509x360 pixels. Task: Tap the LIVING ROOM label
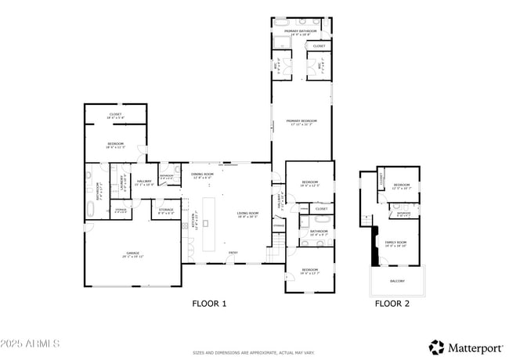tap(247, 214)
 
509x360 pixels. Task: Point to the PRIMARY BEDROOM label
tap(301, 121)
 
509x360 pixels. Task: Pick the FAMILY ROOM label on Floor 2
tap(395, 243)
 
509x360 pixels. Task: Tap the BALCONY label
tap(397, 280)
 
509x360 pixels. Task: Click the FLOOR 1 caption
tap(209, 303)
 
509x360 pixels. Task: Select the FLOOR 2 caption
tap(392, 303)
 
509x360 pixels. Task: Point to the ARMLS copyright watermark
tap(31, 344)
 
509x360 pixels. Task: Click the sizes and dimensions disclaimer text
tap(254, 353)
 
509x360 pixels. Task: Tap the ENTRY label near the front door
tap(233, 252)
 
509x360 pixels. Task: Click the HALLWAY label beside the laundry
tap(144, 182)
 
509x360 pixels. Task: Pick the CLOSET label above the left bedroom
tap(115, 114)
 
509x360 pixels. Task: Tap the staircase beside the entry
tap(273, 250)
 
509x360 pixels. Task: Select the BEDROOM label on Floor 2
tap(402, 185)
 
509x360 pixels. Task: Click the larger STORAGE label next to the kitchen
tap(167, 210)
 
